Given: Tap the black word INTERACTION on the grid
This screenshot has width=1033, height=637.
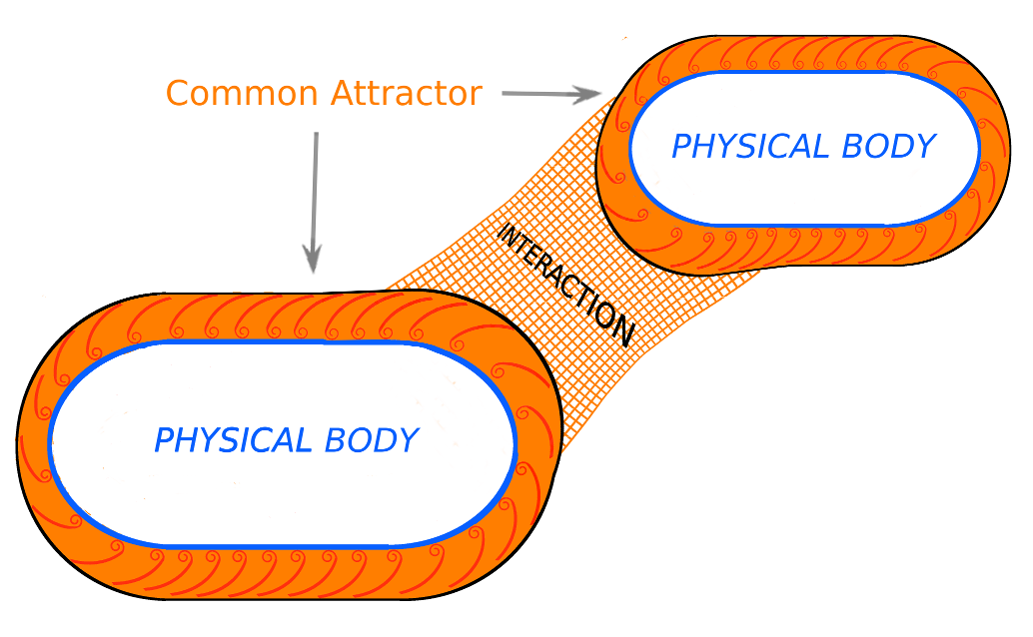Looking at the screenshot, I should (x=564, y=285).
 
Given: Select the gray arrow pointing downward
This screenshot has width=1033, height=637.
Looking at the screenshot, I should (x=315, y=200).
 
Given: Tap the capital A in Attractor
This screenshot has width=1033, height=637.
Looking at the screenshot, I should (x=342, y=94).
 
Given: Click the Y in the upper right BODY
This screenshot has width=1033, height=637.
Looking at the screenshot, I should (x=925, y=147).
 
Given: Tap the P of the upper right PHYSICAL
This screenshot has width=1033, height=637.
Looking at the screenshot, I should (x=682, y=147).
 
